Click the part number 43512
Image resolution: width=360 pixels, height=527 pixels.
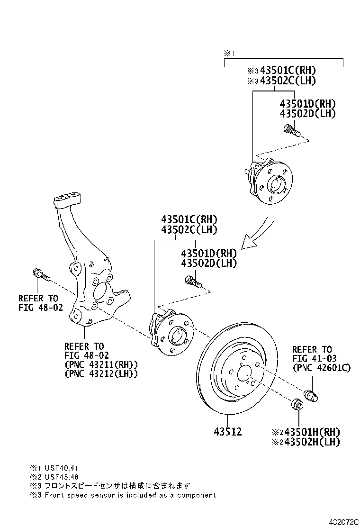pyautogui.click(x=228, y=432)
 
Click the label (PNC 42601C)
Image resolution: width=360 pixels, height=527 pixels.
pyautogui.click(x=322, y=367)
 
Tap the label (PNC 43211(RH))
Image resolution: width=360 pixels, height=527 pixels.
pyautogui.click(x=101, y=364)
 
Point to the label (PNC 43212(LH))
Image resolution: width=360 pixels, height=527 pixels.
pyautogui.click(x=101, y=373)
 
